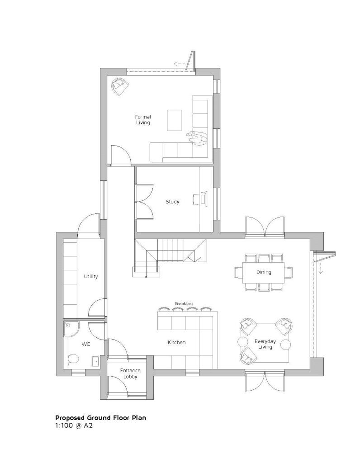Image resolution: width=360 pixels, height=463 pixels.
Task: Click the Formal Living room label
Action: tap(143, 120)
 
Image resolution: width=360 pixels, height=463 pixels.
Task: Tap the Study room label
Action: tap(172, 202)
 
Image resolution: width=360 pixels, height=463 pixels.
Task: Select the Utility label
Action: tap(90, 276)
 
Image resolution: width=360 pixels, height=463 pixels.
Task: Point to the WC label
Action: tap(86, 344)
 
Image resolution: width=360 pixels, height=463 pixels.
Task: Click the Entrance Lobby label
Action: tap(130, 373)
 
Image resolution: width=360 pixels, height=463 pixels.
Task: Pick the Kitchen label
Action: tap(176, 342)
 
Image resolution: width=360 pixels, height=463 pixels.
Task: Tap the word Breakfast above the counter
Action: tap(184, 303)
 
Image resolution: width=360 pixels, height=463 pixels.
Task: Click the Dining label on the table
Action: tap(264, 272)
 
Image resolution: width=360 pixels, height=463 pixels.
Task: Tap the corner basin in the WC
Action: tap(68, 325)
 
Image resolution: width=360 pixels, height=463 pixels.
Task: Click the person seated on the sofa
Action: tap(197, 138)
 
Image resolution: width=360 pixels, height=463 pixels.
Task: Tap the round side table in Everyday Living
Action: tap(286, 345)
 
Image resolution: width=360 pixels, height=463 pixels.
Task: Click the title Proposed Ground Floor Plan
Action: tap(100, 418)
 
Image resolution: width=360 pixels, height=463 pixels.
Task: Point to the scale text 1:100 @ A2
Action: tap(74, 425)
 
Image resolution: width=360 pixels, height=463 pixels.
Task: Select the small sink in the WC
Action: tap(96, 361)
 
